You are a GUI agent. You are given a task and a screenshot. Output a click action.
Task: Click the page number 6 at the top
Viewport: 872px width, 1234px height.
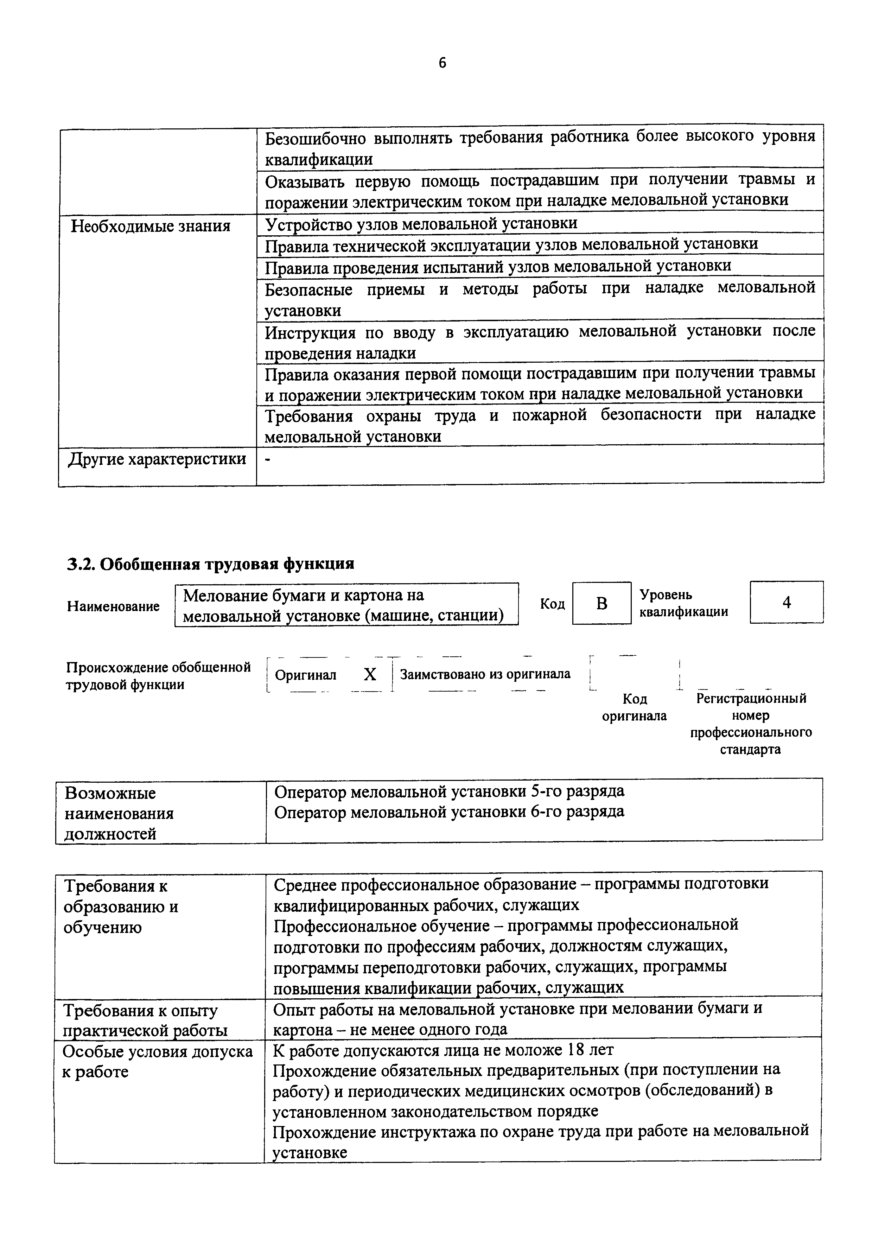pos(442,63)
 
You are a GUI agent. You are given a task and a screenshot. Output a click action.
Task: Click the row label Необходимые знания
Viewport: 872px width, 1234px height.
pos(151,226)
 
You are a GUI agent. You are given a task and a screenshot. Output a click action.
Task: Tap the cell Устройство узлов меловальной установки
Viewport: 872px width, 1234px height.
pos(421,223)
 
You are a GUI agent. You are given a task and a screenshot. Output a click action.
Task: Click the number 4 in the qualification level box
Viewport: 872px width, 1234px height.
pos(786,603)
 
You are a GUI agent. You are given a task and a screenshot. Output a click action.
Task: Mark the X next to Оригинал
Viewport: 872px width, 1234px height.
pos(370,674)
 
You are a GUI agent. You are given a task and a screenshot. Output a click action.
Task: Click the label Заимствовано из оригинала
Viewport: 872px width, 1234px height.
pos(485,674)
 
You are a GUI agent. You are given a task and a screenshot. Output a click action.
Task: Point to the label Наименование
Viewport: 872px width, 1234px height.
pos(113,606)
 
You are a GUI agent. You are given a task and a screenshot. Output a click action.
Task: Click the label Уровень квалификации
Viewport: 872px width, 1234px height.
pos(683,603)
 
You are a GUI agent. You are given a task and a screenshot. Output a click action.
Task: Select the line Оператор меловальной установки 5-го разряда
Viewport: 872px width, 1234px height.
pos(449,791)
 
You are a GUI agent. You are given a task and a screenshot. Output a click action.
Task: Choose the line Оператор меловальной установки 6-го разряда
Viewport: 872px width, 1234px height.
pos(449,812)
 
